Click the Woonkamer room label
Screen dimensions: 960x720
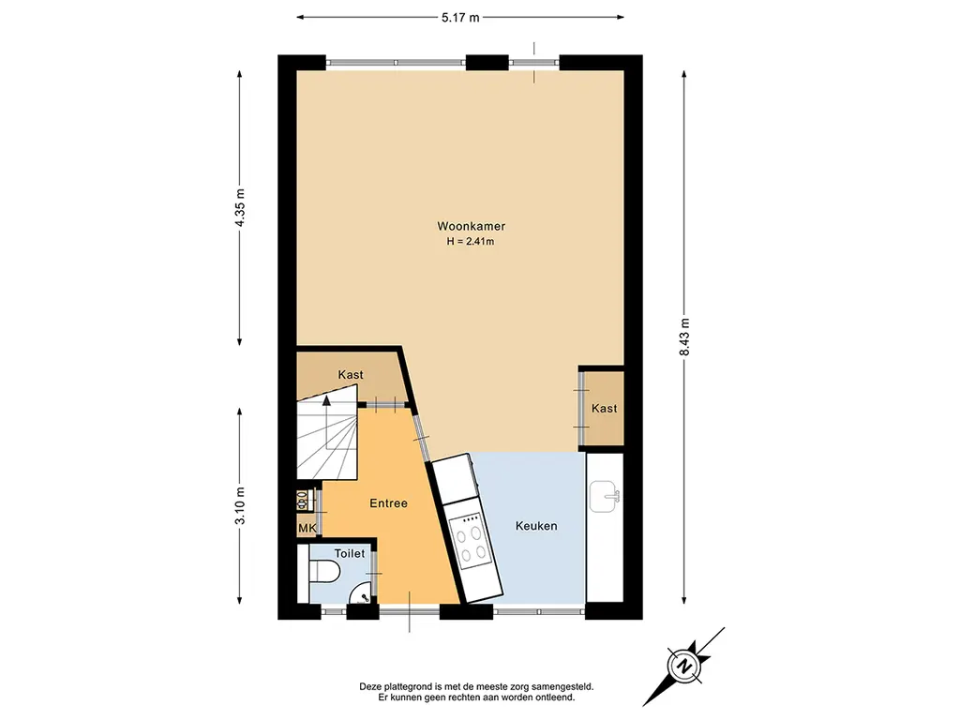[x=471, y=226]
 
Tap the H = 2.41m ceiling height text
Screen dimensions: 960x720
[x=471, y=241]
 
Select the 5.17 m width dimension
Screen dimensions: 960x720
[x=460, y=18]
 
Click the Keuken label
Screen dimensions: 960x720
[x=536, y=526]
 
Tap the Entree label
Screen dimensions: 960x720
[x=389, y=503]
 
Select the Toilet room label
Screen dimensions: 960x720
[x=350, y=553]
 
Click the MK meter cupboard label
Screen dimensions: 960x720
[x=307, y=527]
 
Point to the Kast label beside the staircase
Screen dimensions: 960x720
[x=351, y=375]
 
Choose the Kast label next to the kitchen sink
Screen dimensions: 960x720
[x=605, y=409]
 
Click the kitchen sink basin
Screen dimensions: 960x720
[x=605, y=495]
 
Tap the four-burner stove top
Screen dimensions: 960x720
[x=470, y=539]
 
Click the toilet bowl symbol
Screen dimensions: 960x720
[x=324, y=573]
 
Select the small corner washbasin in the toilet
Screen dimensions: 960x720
[x=358, y=593]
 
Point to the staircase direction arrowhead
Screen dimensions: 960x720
[x=326, y=401]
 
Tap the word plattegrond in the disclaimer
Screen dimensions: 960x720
[x=405, y=687]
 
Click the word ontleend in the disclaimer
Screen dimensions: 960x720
[x=555, y=697]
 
